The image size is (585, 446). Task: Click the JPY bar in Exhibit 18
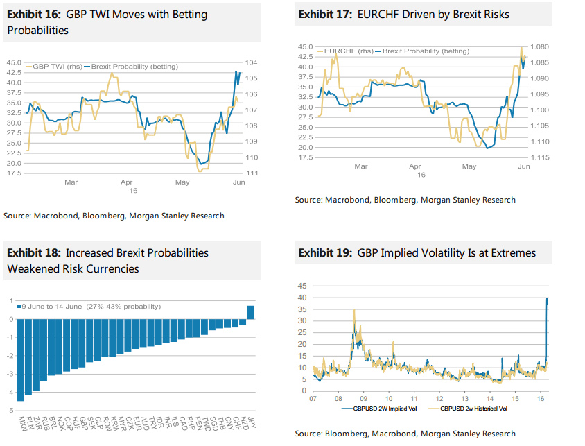click(x=250, y=312)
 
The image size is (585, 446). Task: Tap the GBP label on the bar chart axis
click(x=82, y=422)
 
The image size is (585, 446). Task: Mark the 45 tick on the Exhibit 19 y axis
click(x=302, y=286)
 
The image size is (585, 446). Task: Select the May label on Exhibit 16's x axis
click(x=182, y=182)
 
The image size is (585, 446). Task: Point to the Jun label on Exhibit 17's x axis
click(x=524, y=166)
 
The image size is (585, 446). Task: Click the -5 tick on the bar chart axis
click(x=11, y=410)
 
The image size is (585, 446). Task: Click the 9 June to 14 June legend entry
click(x=90, y=306)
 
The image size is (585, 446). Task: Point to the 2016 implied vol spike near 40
click(x=547, y=300)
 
